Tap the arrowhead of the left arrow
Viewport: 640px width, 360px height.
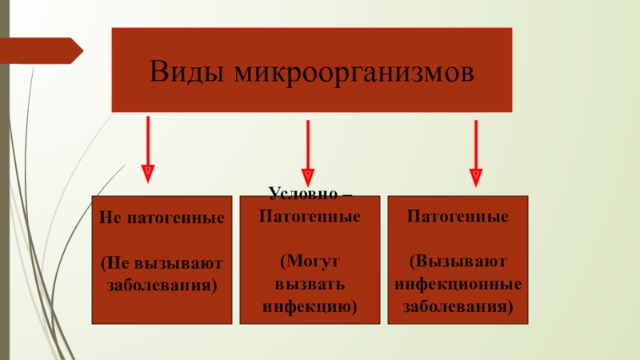click(147, 172)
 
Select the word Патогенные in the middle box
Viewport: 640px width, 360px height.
click(310, 217)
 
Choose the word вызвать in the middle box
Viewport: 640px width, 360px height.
click(310, 284)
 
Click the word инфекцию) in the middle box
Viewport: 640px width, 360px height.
click(310, 306)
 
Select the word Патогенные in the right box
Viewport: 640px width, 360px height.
click(458, 217)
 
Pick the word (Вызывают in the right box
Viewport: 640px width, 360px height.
click(458, 262)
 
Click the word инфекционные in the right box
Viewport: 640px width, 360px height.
click(458, 284)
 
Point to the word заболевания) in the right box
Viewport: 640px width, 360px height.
click(458, 306)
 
